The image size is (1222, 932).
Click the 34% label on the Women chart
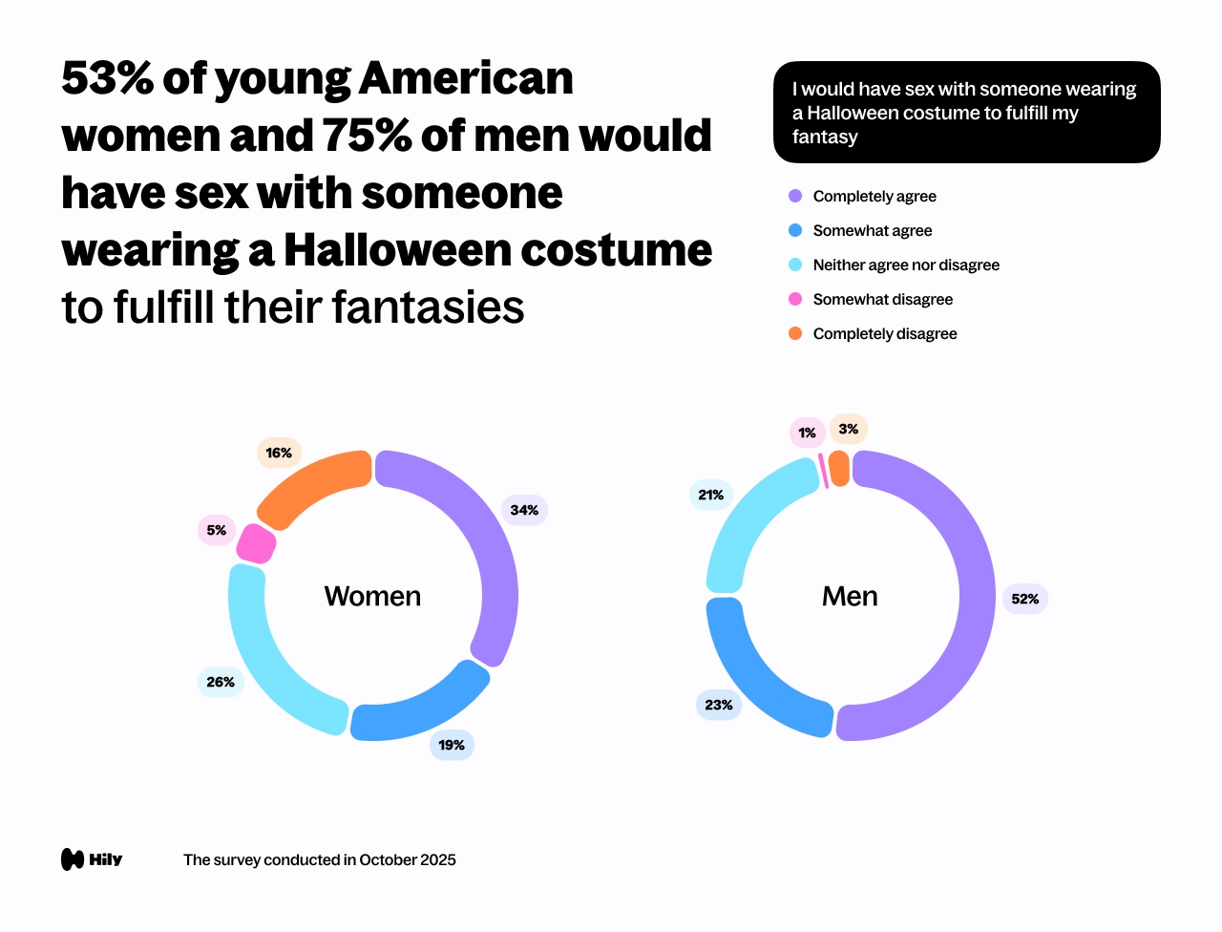point(524,510)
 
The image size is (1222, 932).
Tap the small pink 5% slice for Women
point(256,543)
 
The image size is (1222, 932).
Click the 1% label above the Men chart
point(807,433)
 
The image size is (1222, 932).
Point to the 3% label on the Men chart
point(848,429)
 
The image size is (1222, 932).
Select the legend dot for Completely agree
point(795,196)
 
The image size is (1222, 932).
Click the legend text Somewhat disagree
point(882,299)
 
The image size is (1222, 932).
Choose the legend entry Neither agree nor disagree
point(905,265)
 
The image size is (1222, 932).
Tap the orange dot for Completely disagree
point(795,333)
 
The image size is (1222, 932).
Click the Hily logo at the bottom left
point(92,859)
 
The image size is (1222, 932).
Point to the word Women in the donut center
point(372,596)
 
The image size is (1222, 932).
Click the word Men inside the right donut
point(850,596)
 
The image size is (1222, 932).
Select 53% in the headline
point(107,78)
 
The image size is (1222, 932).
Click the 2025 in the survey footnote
point(438,859)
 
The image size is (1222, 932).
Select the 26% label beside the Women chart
point(221,682)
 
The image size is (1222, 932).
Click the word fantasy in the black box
point(825,137)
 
